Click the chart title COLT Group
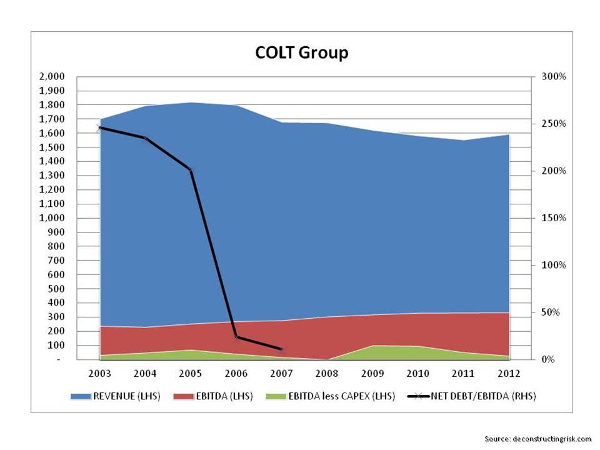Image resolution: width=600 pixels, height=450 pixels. pyautogui.click(x=301, y=52)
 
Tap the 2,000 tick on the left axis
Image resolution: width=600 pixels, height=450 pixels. pyautogui.click(x=52, y=77)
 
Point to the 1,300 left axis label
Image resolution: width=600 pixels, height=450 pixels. pyautogui.click(x=52, y=176)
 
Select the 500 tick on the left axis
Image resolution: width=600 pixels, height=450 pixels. pyautogui.click(x=56, y=289)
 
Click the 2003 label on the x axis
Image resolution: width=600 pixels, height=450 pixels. pyautogui.click(x=100, y=373)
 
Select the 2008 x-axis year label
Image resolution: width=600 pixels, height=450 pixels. pyautogui.click(x=327, y=373)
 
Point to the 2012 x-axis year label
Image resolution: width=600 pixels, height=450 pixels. pyautogui.click(x=509, y=373)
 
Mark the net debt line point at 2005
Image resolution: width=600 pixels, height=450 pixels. pyautogui.click(x=191, y=170)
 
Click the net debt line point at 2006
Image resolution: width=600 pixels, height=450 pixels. pyautogui.click(x=236, y=337)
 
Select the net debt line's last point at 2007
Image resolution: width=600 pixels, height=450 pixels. pyautogui.click(x=281, y=349)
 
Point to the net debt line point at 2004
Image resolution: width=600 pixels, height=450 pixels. pyautogui.click(x=146, y=139)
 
